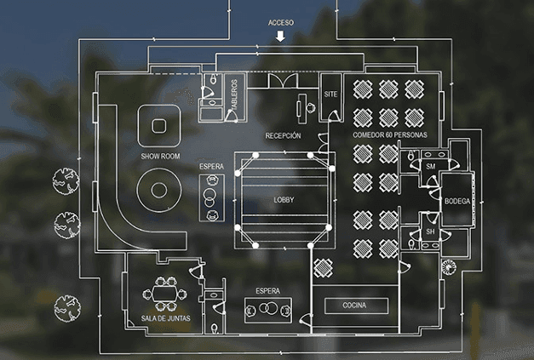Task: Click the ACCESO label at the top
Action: point(281,23)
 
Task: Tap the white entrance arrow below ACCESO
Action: point(281,37)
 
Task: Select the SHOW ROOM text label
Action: point(160,157)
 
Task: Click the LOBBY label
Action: point(283,199)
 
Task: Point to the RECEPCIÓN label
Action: point(283,135)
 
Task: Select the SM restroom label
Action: point(430,167)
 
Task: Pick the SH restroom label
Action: point(430,231)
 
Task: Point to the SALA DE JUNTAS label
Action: point(165,319)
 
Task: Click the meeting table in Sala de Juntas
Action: point(164,293)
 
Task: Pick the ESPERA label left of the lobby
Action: point(211,165)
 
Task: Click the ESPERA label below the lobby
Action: point(267,289)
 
